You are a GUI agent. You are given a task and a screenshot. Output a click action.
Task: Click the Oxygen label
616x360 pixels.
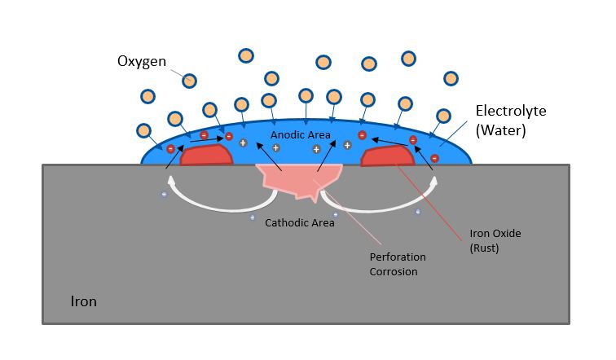click(142, 62)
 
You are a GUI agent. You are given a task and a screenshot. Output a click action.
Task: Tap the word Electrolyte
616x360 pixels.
click(511, 111)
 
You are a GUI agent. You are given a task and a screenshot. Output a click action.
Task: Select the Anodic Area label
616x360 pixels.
click(300, 134)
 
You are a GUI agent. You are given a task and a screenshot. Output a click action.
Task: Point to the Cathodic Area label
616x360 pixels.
click(299, 222)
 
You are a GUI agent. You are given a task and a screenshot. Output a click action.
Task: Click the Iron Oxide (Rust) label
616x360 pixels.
click(495, 240)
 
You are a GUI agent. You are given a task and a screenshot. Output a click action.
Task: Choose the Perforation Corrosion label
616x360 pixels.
click(397, 264)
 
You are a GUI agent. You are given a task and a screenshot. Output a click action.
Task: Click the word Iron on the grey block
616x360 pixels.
click(83, 301)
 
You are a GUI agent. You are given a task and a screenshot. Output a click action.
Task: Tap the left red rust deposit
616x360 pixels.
click(206, 155)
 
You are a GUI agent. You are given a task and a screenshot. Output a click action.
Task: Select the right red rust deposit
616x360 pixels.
click(387, 156)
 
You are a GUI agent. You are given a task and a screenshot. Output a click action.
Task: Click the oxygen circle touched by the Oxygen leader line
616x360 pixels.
click(189, 81)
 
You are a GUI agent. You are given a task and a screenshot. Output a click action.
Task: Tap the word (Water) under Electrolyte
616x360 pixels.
click(500, 130)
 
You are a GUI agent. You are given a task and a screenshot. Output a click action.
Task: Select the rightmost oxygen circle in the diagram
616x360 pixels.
click(451, 78)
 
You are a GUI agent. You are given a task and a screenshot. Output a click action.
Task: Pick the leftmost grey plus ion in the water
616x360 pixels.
click(243, 143)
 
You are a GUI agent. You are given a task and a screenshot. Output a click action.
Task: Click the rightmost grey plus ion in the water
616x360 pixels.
click(347, 145)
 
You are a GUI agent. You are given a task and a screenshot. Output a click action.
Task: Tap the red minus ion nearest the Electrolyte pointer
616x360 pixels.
click(434, 158)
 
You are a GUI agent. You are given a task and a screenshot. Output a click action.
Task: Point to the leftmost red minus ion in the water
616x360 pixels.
click(170, 149)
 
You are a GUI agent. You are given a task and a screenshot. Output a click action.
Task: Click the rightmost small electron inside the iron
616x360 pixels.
click(418, 212)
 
